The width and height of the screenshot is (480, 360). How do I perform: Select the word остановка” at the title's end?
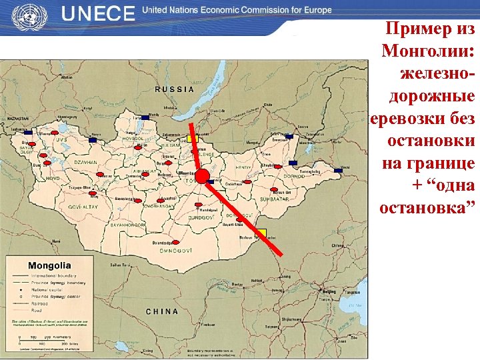[x=427, y=207]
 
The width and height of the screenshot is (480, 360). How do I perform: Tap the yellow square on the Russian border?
[x=193, y=138]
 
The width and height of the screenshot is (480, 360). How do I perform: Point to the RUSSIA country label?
[x=175, y=89]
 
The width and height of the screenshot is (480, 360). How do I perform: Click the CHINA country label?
[x=162, y=311]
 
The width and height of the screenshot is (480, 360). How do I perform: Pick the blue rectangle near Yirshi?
[x=338, y=171]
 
